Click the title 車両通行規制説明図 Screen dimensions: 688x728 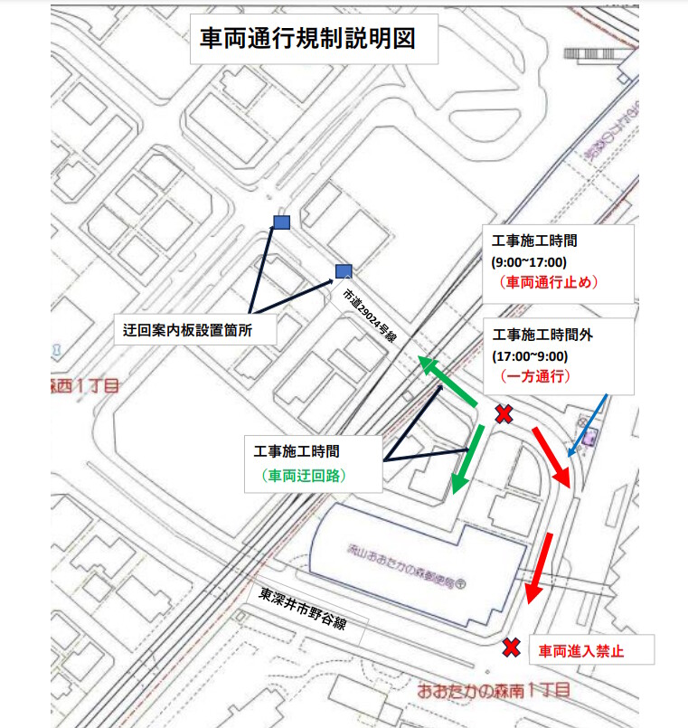(307, 40)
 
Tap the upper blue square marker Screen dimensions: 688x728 (282, 222)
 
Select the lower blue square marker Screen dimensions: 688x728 (343, 270)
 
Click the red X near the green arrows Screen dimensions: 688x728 (504, 414)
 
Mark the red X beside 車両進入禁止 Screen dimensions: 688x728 (512, 648)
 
